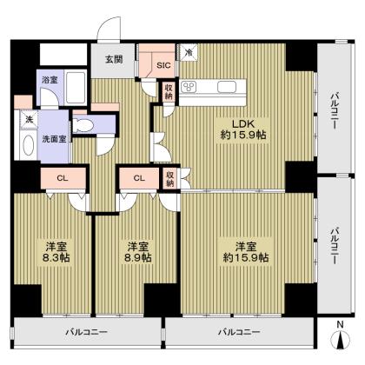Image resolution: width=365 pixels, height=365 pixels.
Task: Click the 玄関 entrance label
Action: pos(114,60)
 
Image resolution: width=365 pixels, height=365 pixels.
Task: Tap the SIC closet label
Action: pos(163,64)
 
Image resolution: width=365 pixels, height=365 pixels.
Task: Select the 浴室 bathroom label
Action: pos(50,79)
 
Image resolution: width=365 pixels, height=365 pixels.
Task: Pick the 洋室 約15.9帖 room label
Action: pos(243,250)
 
